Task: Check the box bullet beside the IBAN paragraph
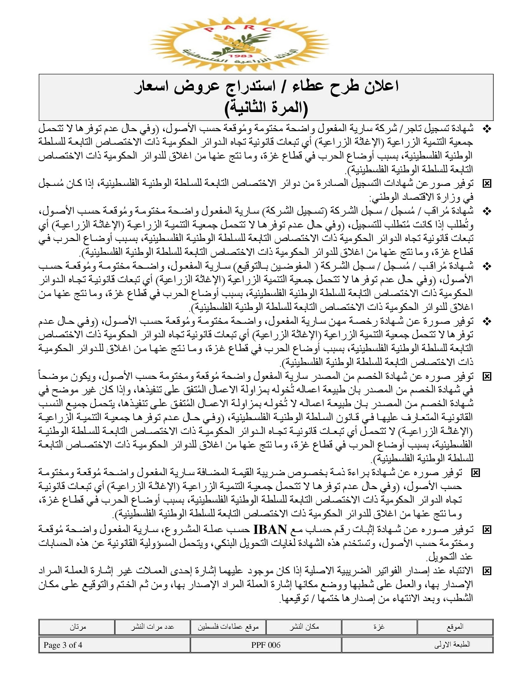[487, 530]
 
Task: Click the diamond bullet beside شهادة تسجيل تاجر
[487, 129]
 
